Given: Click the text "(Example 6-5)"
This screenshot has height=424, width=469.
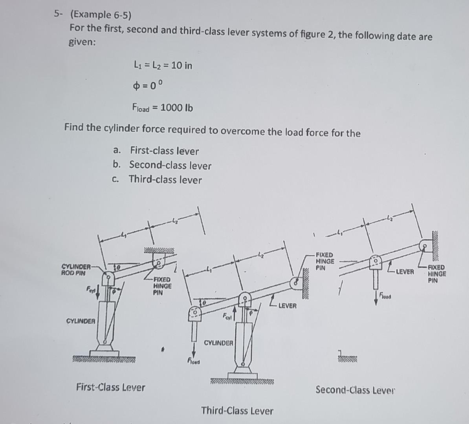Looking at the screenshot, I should (x=101, y=15).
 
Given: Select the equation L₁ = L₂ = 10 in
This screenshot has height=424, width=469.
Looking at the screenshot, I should (x=163, y=65).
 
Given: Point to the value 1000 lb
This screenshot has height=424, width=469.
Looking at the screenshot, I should (x=176, y=108).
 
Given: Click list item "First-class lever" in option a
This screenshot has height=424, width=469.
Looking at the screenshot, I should (x=164, y=151).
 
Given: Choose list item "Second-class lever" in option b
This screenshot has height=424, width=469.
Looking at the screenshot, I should (x=170, y=165).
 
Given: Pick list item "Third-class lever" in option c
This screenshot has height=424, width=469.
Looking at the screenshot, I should (x=165, y=180).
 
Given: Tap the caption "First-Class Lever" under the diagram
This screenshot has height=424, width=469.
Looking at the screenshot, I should (x=110, y=387).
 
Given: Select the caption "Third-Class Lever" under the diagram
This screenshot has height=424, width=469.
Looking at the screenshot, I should (x=237, y=411).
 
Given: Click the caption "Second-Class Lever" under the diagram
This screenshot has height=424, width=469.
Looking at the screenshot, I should (x=355, y=390).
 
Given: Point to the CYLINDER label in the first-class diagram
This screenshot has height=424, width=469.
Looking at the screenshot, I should (x=81, y=321).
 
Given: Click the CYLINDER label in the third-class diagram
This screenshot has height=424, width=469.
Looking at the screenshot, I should (x=218, y=343).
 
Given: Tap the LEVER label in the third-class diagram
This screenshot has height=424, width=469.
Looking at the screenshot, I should (x=287, y=306).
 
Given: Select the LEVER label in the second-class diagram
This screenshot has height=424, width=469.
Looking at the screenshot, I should (x=405, y=272).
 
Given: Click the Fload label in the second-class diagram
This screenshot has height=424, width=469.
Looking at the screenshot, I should (x=385, y=297).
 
